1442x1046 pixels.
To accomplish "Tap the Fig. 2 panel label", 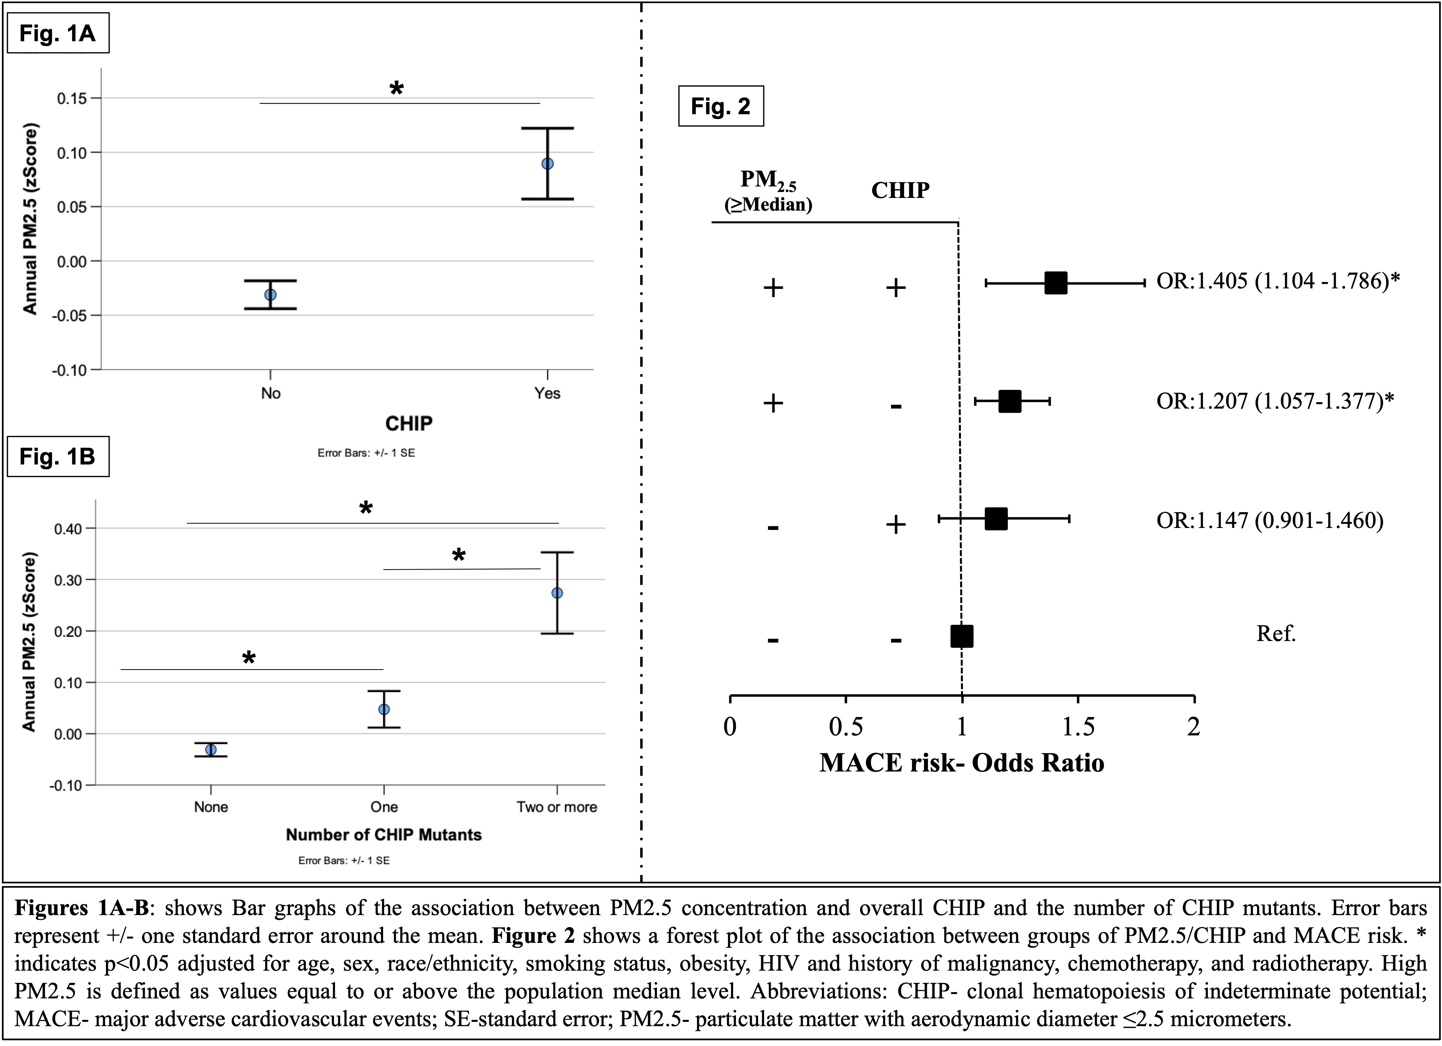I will (720, 106).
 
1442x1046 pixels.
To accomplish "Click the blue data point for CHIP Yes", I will (547, 164).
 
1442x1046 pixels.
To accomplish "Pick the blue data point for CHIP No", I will (270, 295).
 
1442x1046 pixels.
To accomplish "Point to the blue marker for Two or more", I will (557, 593).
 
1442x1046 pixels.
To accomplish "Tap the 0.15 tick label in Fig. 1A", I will (71, 98).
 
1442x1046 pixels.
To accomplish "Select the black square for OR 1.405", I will (1055, 283).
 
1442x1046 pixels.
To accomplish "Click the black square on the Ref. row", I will (961, 635).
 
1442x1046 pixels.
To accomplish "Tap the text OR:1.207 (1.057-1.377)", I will (1274, 401).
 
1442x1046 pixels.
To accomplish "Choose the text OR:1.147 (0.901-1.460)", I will (1269, 520).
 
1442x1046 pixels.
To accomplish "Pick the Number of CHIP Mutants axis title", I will (383, 835).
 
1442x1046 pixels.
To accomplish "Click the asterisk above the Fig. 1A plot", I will (396, 88).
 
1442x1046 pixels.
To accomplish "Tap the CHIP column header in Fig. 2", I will (900, 190).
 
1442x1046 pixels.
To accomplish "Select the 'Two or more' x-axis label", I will (556, 807).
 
